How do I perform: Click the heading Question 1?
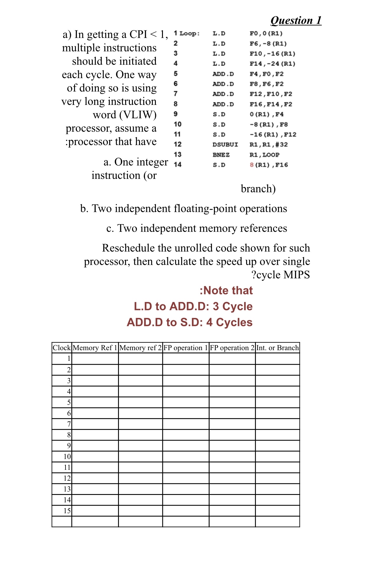click(296, 20)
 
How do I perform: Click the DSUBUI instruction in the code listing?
click(225, 144)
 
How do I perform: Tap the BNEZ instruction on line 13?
click(221, 155)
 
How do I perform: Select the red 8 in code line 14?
click(251, 165)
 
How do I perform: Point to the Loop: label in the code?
click(189, 34)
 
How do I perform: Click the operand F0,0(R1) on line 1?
click(266, 33)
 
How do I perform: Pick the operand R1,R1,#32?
click(268, 144)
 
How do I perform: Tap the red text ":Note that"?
click(226, 290)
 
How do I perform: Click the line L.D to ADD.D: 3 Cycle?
click(193, 306)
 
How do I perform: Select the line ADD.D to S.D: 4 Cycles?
click(189, 322)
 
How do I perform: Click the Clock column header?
click(62, 348)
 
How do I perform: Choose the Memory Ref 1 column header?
click(95, 348)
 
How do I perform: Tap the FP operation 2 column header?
click(232, 348)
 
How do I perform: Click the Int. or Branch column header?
click(277, 348)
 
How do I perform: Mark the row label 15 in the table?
click(67, 511)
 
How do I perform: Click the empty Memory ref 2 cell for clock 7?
click(141, 424)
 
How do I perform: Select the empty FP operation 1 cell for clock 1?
click(186, 359)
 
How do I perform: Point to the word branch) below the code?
click(258, 189)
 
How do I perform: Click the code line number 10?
click(177, 124)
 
